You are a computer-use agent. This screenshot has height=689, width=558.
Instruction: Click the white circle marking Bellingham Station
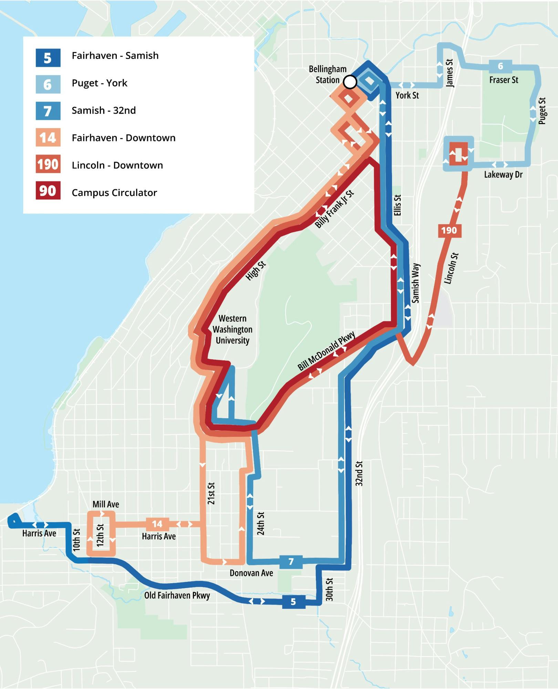(x=350, y=82)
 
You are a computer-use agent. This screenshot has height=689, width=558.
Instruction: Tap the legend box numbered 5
(x=48, y=58)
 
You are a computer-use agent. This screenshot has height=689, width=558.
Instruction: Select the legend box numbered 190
(x=48, y=164)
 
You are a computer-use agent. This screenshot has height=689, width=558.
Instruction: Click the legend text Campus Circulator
(x=114, y=193)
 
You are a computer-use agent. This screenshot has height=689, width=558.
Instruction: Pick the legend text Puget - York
(x=99, y=83)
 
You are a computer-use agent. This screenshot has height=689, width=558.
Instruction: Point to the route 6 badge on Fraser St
(x=500, y=66)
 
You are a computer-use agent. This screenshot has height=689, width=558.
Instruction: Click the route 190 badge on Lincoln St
(x=449, y=230)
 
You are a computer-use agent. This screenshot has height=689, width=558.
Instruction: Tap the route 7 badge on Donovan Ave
(x=291, y=562)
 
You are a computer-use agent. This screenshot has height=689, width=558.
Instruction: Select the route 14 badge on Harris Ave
(x=157, y=524)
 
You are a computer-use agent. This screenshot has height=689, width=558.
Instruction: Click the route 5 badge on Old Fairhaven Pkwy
(x=293, y=601)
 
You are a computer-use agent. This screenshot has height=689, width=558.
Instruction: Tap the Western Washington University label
(x=232, y=329)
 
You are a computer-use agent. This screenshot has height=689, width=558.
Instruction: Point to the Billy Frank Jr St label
(x=334, y=209)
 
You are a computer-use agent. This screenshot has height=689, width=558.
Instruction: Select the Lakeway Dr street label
(x=503, y=175)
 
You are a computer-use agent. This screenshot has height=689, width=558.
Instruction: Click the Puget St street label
(x=542, y=111)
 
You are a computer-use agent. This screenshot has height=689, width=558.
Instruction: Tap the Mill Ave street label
(x=106, y=504)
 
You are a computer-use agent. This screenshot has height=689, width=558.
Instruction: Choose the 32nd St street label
(x=359, y=473)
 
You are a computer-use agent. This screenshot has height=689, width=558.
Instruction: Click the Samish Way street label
(x=416, y=283)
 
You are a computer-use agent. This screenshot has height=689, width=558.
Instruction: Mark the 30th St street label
(x=329, y=589)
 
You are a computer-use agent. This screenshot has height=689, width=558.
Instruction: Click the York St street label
(x=407, y=95)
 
